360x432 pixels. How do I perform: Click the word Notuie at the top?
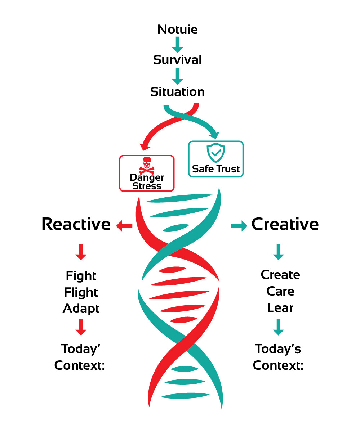point(177,30)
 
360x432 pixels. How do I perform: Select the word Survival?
point(177,60)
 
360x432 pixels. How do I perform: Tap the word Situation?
point(177,92)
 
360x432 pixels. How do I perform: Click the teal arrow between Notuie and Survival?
point(177,45)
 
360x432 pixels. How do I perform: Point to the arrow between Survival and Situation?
point(177,76)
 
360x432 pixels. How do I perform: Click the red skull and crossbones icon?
point(146,165)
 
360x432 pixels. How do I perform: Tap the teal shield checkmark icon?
point(216,153)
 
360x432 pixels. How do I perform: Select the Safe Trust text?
point(216,169)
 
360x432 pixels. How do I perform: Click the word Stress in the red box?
point(147,186)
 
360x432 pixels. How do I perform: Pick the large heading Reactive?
point(76,224)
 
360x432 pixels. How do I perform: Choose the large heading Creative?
point(285,224)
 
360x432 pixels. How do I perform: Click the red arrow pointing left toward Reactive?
point(124,226)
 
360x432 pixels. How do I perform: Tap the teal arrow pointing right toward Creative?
point(239,226)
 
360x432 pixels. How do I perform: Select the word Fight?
point(81,276)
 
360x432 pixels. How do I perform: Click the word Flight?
point(81,292)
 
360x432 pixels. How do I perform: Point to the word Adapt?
point(81,309)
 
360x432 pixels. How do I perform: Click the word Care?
point(280,291)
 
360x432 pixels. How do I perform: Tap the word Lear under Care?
point(280,308)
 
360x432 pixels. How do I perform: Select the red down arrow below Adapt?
point(81,327)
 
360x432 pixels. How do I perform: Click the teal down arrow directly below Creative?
point(278,252)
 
